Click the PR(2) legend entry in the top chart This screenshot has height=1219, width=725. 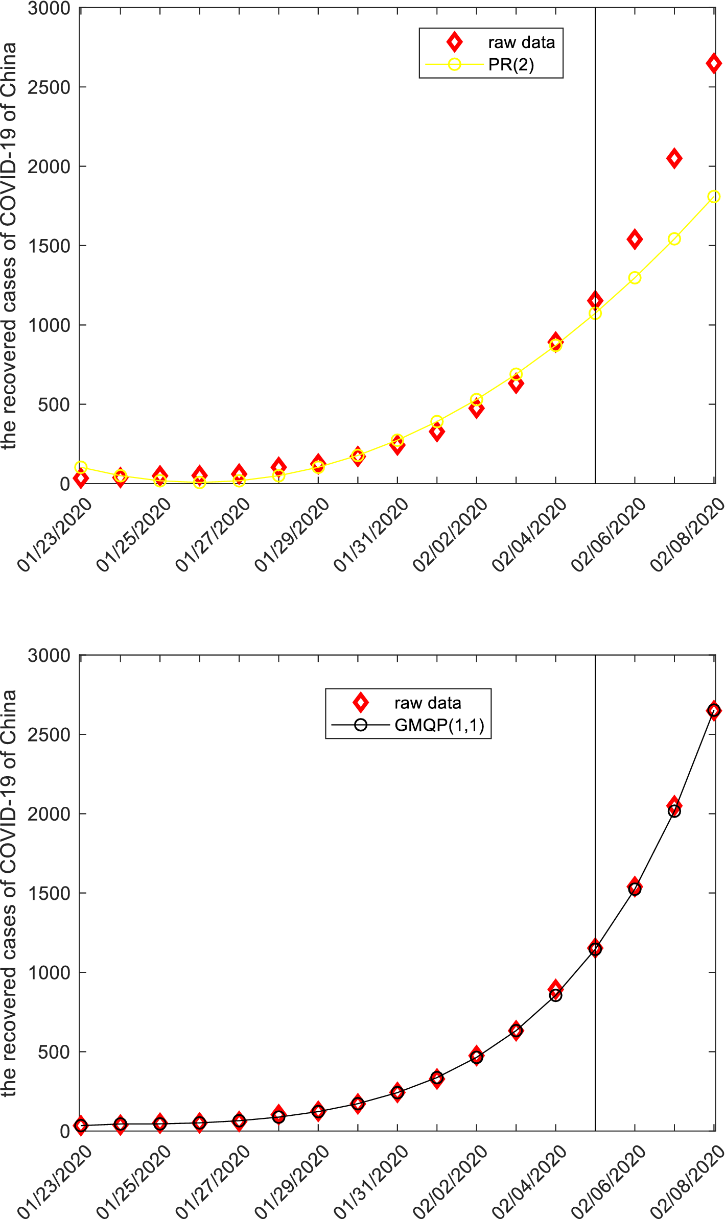[511, 65]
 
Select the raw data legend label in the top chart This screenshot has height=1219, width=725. [521, 42]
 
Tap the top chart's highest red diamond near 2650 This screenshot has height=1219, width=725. [713, 64]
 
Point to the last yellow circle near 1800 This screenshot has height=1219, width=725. [714, 197]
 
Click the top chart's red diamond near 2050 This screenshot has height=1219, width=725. [674, 158]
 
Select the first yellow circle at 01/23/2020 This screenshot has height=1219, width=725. [81, 467]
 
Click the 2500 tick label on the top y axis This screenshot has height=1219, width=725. [49, 87]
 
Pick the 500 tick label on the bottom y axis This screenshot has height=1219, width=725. [54, 1051]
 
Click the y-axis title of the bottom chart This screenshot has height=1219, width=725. [9, 893]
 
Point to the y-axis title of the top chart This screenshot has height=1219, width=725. [9, 246]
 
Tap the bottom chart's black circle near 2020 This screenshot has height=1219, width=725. [674, 811]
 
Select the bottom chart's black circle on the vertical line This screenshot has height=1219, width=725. [595, 949]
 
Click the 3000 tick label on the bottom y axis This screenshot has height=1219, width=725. [49, 655]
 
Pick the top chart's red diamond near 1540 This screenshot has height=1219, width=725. [635, 239]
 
